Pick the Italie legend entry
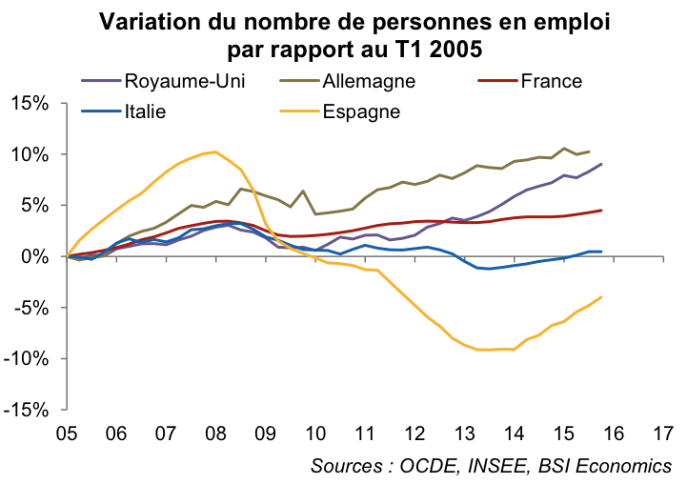tap(146, 111)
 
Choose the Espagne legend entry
tap(361, 111)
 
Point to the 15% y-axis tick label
tap(35, 103)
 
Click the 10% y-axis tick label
tap(35, 154)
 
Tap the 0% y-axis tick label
tap(41, 256)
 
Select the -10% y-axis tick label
tap(32, 358)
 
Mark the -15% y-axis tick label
tap(32, 410)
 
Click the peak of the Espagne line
tap(215, 151)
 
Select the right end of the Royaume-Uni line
tap(601, 164)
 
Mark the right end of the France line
tap(601, 211)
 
